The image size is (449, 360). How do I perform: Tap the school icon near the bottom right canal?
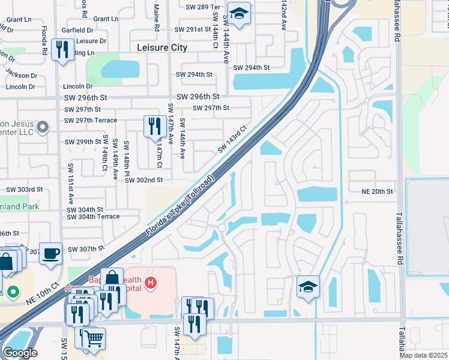[308, 287]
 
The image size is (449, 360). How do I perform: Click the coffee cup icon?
[51, 253]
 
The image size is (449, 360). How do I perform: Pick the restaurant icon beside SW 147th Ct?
[154, 126]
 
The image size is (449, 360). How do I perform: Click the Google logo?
[20, 353]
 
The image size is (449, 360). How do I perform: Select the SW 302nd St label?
[143, 180]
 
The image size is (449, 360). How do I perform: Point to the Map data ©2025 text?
[423, 355]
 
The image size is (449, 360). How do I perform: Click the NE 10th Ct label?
[44, 293]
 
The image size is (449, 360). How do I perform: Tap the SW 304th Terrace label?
[93, 217]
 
